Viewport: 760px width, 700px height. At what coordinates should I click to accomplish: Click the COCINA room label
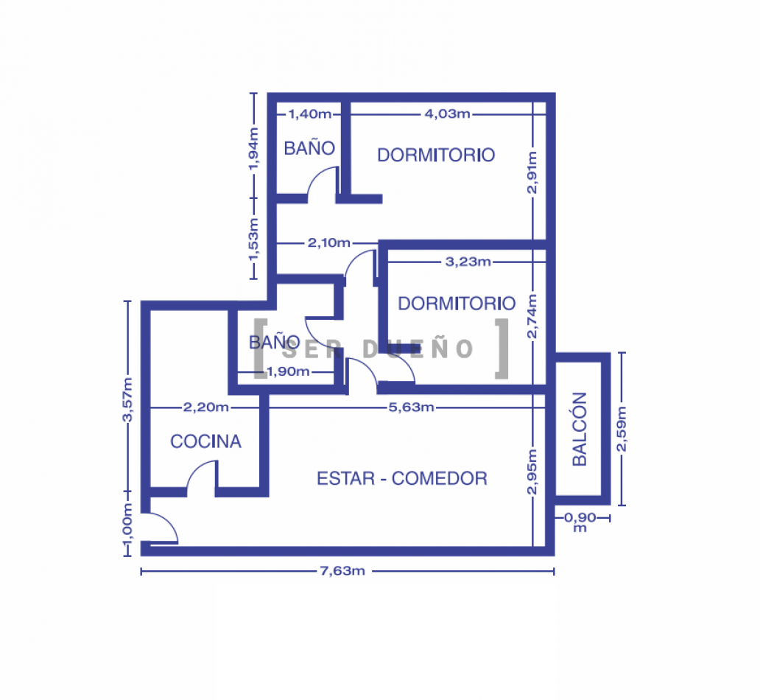tap(205, 441)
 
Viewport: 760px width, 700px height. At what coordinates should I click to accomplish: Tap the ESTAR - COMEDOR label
tap(402, 478)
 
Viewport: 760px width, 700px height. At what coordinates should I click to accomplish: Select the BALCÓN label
tap(580, 430)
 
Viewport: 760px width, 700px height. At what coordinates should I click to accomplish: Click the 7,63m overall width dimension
tap(342, 571)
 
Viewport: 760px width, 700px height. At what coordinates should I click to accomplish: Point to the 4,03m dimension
tap(447, 114)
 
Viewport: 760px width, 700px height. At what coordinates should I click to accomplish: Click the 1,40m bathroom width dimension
tap(310, 114)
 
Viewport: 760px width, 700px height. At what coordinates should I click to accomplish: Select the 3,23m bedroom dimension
tap(468, 262)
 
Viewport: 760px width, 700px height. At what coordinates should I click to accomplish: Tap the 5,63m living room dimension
tap(411, 407)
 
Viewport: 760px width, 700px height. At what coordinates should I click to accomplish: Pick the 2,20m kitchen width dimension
tap(206, 407)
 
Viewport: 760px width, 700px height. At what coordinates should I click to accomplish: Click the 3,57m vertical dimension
tap(127, 399)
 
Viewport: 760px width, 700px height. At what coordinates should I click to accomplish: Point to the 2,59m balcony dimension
tap(622, 429)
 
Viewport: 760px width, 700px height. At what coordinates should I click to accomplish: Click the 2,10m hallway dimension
tap(329, 242)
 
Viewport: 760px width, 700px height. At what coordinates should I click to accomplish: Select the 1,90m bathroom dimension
tap(288, 371)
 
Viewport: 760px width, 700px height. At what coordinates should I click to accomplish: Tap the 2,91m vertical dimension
tap(532, 172)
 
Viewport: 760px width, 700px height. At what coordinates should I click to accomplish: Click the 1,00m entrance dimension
tap(127, 523)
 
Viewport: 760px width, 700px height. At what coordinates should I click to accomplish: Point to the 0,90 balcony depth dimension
tap(580, 521)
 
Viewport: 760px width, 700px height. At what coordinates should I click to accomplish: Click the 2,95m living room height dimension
tap(532, 472)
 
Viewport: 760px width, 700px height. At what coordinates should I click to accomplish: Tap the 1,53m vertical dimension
tap(253, 239)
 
